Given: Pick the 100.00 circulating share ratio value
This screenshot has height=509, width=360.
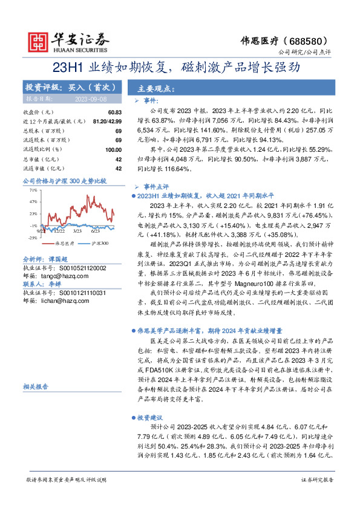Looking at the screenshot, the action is [113, 149].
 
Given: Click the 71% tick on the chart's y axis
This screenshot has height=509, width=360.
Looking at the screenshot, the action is [33, 189].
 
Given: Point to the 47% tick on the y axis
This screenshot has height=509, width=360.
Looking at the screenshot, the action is [33, 201].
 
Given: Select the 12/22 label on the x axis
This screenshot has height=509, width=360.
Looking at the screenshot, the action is [59, 231].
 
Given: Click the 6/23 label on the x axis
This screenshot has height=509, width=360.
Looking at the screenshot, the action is [94, 231].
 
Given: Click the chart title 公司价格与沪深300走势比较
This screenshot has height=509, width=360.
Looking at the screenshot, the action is [64, 181].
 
